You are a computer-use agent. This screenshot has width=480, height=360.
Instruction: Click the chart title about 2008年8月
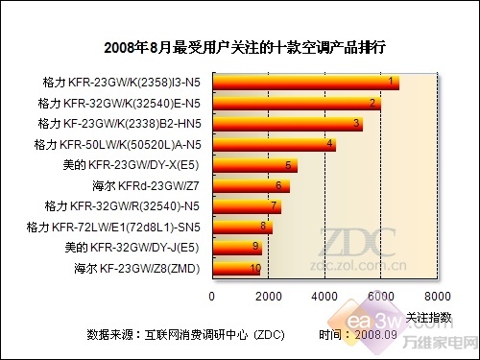tap(241, 46)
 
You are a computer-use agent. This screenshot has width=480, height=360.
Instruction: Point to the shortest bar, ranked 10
tap(235, 268)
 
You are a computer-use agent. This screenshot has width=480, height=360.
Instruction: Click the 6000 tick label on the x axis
tap(381, 295)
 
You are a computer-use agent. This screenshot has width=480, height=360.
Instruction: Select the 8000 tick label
tap(438, 295)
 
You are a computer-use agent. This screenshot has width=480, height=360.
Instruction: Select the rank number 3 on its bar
tap(356, 123)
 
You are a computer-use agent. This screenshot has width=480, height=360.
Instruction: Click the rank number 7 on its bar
tap(275, 205)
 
